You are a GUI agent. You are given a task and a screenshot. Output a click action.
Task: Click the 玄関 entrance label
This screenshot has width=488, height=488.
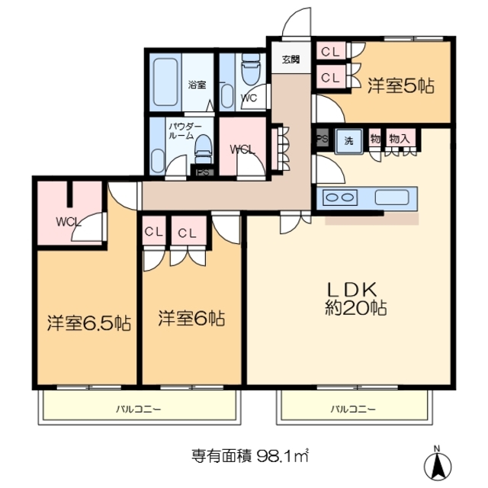291,60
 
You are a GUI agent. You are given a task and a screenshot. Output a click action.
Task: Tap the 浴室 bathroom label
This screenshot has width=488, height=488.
197,85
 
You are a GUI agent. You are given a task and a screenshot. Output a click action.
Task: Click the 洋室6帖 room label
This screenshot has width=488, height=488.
191,318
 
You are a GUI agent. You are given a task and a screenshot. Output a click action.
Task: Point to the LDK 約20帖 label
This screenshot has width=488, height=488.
357,299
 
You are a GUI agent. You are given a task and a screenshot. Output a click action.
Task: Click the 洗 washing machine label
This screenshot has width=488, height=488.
348,140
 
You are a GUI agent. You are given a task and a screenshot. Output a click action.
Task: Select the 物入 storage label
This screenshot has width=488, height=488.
400,139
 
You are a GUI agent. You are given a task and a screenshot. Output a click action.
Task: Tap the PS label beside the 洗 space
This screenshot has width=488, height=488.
321,140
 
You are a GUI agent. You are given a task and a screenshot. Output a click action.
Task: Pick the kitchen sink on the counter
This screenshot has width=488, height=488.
393,197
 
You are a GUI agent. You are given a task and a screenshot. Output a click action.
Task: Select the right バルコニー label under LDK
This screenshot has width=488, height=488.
352,409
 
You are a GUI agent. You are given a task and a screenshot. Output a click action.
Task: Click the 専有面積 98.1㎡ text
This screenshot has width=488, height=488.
249,457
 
